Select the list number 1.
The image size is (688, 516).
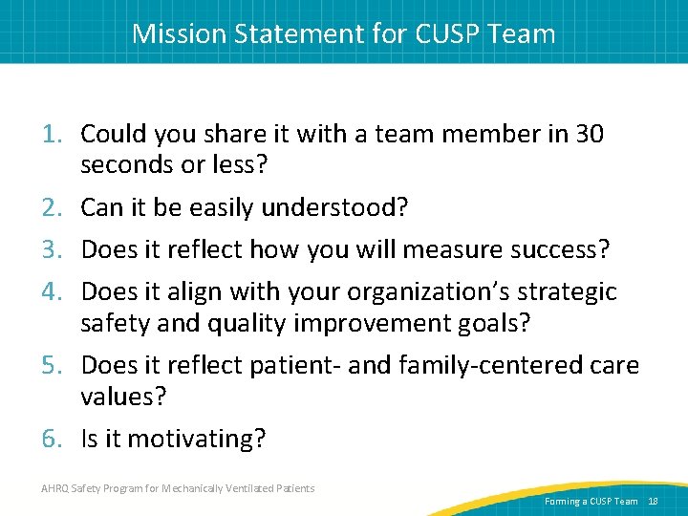54,135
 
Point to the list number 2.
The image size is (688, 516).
54,207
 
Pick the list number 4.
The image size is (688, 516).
54,291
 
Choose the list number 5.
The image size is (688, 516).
54,364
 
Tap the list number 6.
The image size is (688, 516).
54,439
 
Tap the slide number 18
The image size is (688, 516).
654,502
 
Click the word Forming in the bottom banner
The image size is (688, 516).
562,502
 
